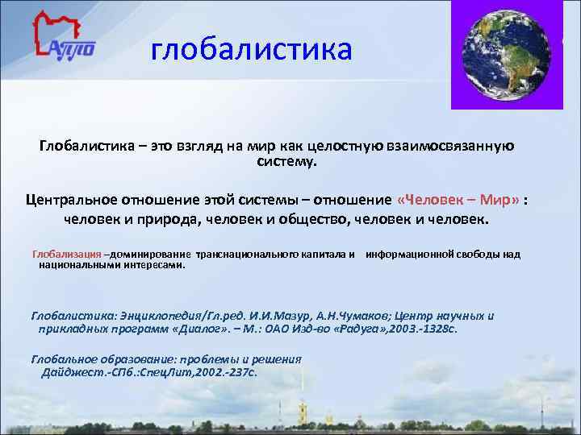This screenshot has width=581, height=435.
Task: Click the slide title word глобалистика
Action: pos(252,50)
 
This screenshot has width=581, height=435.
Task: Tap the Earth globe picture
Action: pos(506,54)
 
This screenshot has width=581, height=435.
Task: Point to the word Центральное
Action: pos(74,200)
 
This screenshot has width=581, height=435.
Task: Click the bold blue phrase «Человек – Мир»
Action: pos(458,200)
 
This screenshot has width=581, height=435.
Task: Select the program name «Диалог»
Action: pos(192,329)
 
